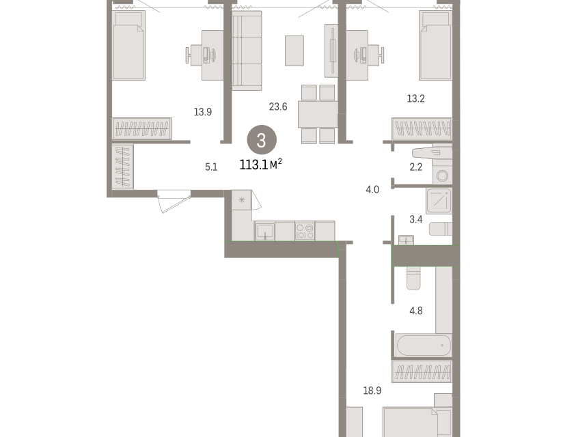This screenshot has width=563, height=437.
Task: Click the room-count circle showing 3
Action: tap(262, 140)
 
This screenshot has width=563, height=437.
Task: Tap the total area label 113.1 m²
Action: tap(261, 165)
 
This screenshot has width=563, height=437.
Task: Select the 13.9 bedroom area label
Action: tap(202, 112)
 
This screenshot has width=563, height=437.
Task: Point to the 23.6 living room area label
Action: tap(278, 107)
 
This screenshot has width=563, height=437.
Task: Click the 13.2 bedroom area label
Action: tap(416, 98)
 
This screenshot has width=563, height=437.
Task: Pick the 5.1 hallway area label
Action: tap(211, 167)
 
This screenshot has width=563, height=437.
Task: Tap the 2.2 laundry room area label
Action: tap(416, 167)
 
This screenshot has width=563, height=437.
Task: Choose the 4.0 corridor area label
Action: tap(372, 189)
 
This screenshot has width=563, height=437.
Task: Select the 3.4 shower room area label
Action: tap(416, 219)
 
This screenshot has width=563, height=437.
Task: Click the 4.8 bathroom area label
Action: tap(416, 311)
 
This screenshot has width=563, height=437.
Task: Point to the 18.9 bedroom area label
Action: tap(372, 391)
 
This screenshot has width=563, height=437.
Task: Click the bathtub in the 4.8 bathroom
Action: tap(423, 345)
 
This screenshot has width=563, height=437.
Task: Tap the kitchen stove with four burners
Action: tap(305, 231)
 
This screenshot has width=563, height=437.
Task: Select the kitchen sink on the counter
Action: tap(265, 231)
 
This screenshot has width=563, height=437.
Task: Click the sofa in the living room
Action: tap(247, 51)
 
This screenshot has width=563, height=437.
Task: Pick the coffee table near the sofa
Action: tap(294, 51)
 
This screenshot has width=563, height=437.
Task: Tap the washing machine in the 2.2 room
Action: tap(442, 175)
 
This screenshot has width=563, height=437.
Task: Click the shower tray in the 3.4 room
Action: tap(439, 201)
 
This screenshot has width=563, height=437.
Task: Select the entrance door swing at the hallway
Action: tap(174, 201)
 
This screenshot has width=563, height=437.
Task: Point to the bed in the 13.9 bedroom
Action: tap(129, 45)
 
